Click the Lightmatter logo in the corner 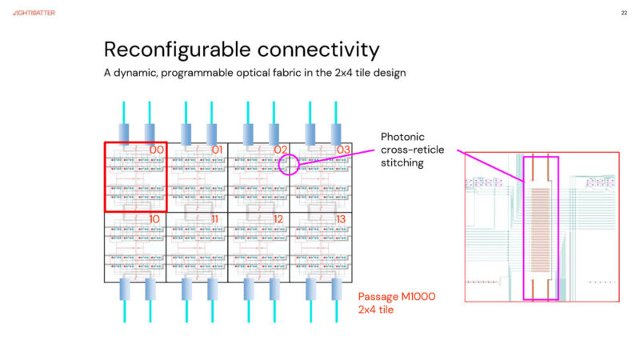pos(34,13)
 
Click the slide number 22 pos(623,13)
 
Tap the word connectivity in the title pos(315,50)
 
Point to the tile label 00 pos(157,150)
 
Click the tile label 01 pos(218,150)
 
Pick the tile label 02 pos(280,150)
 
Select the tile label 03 pos(342,150)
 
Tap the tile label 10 pos(156,218)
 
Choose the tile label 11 pos(217,218)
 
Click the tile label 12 pos(279,218)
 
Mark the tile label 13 pos(342,218)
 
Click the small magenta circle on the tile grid pos(289,165)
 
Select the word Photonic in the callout pos(404,137)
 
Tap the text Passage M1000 pos(397,297)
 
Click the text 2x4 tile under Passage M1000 pos(379,310)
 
